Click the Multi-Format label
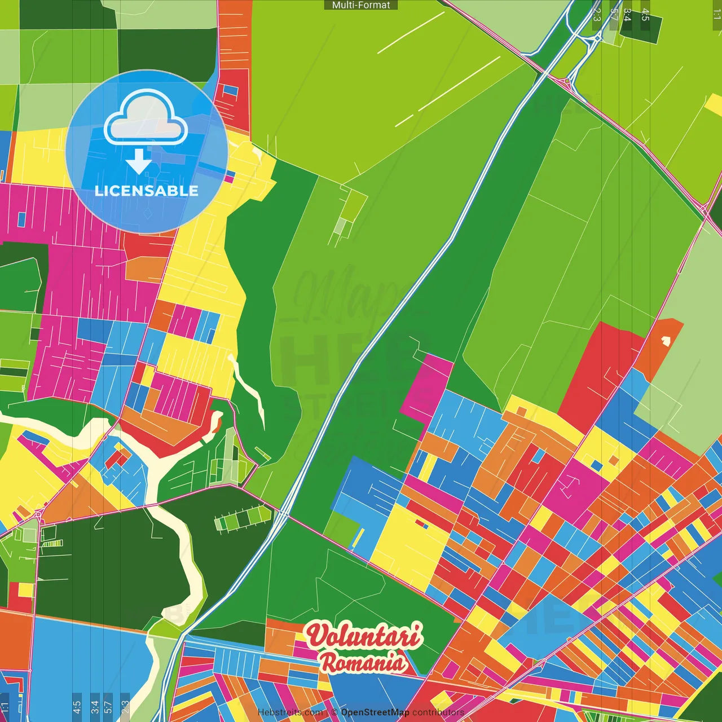pos(361,5)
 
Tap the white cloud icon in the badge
pos(146,118)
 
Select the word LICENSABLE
pos(147,191)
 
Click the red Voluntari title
pos(364,636)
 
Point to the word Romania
pos(363,662)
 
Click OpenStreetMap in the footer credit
pos(375,712)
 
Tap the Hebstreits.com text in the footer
pos(290,712)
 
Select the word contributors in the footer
pos(438,712)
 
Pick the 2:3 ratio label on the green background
pos(597,14)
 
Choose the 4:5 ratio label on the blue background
pos(77,706)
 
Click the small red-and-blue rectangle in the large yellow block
pos(421,524)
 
